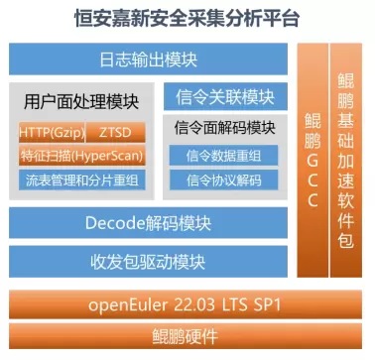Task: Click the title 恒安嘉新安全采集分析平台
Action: pos(187,18)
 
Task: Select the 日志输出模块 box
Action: pos(148,59)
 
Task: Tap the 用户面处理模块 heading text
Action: pos(81,101)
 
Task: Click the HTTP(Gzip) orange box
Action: pos(52,132)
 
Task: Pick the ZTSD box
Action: pos(115,132)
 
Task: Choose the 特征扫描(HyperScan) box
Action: pos(81,155)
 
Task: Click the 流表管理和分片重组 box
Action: pos(81,180)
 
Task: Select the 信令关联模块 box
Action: pos(225,96)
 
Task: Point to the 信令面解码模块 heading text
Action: pos(225,128)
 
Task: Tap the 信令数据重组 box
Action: pos(223,155)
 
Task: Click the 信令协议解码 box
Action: pos(223,180)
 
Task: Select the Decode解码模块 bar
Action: pos(148,223)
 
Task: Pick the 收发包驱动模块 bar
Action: pos(148,262)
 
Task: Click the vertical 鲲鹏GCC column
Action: pos(312,160)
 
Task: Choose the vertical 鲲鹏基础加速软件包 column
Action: pos(346,160)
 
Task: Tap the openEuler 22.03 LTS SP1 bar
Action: pos(186,304)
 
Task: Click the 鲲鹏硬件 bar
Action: pos(186,336)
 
